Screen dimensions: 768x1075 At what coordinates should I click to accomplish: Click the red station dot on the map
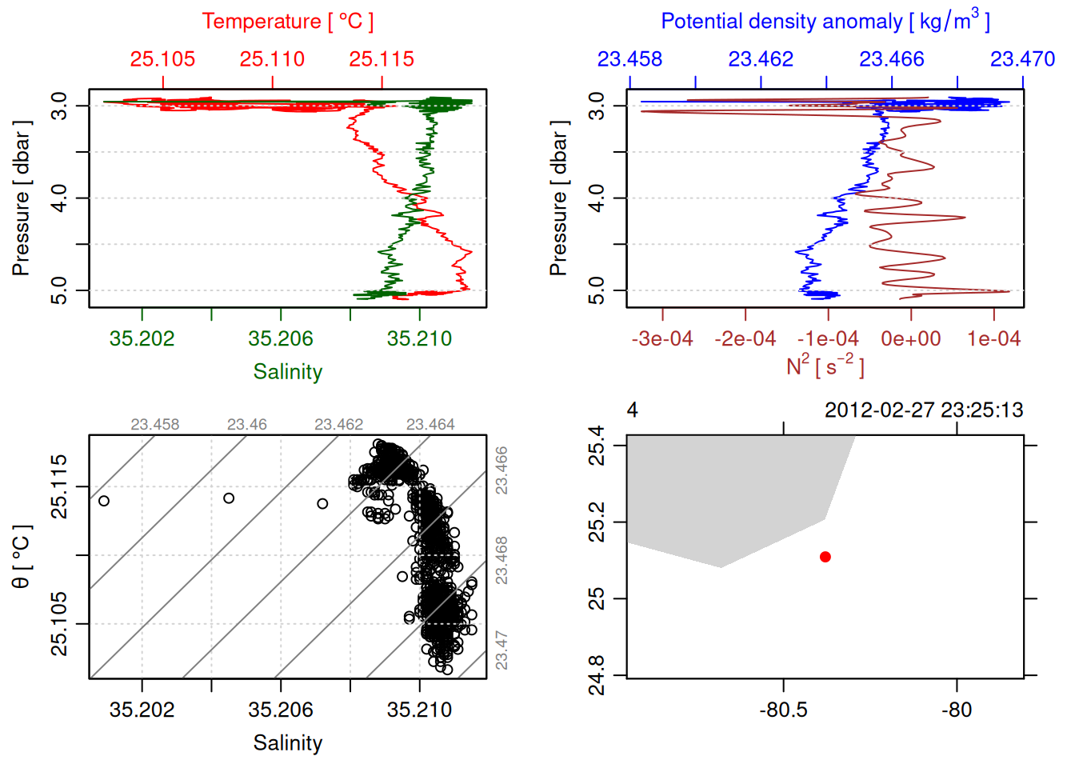(825, 557)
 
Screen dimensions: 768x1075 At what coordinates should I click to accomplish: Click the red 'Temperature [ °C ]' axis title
(288, 22)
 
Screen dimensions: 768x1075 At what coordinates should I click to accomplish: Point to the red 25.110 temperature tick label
(272, 59)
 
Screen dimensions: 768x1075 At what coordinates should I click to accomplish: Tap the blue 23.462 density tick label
(761, 59)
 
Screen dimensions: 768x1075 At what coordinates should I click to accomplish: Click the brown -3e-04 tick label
(662, 339)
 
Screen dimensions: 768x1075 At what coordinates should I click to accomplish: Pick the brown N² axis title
(825, 366)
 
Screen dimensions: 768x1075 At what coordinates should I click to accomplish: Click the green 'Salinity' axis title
(288, 372)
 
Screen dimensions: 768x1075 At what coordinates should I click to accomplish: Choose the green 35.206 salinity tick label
(281, 339)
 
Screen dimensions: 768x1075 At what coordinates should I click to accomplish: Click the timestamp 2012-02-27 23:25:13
(924, 410)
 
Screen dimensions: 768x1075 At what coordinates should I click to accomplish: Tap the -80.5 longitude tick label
(783, 710)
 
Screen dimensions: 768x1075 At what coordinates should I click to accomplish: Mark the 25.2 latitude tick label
(597, 522)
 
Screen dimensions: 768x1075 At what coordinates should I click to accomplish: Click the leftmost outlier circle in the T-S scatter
(103, 501)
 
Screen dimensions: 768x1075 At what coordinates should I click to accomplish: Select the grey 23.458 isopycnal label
(155, 425)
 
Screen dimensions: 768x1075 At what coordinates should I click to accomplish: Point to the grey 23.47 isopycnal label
(502, 650)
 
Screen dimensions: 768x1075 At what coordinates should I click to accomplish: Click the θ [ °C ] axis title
(22, 556)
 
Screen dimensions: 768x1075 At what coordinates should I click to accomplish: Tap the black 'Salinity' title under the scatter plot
(288, 743)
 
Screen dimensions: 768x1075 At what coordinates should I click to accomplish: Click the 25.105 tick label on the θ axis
(59, 623)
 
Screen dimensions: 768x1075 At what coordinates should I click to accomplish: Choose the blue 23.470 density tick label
(1022, 59)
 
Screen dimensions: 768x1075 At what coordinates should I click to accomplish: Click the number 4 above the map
(632, 410)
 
